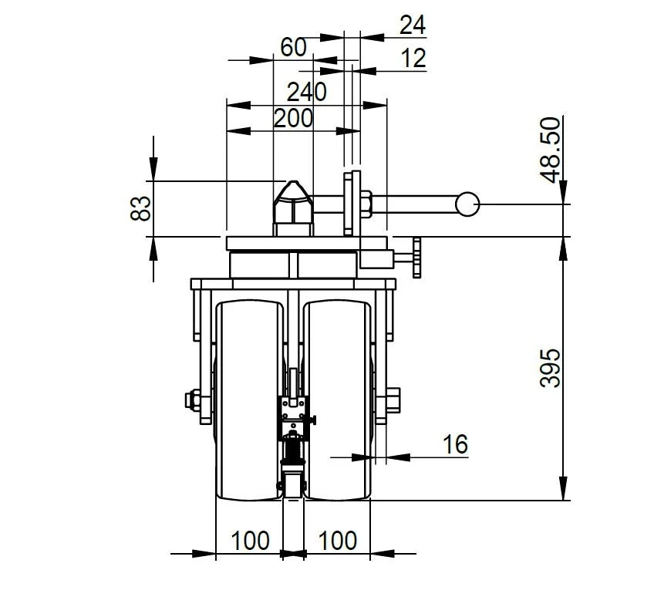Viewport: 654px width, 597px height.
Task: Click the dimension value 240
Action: click(306, 93)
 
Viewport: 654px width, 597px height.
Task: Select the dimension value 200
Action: click(293, 118)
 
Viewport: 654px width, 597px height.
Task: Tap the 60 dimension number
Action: click(293, 47)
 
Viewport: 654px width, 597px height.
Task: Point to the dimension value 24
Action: click(413, 25)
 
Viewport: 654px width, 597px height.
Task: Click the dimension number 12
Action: click(413, 59)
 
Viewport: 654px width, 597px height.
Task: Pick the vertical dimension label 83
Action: click(140, 207)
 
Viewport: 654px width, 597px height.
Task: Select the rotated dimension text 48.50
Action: click(550, 150)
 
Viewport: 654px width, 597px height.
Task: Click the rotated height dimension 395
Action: click(550, 369)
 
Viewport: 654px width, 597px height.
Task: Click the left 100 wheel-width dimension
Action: click(250, 541)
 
